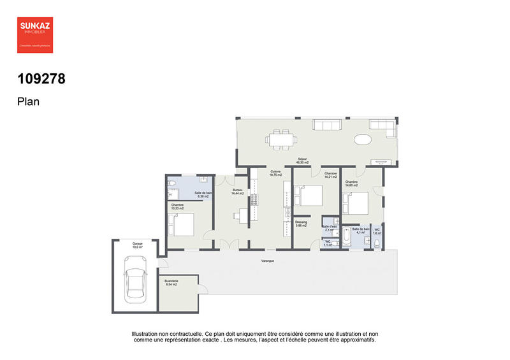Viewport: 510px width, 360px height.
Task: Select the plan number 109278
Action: (41, 80)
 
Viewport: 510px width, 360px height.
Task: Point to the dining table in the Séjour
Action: (280, 138)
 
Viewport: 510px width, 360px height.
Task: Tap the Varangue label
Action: (268, 261)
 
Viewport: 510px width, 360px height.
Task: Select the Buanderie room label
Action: (171, 282)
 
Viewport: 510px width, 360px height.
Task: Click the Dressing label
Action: (301, 224)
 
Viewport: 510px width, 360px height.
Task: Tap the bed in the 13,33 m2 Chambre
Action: (182, 224)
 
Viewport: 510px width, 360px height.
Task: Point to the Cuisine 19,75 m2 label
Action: (275, 173)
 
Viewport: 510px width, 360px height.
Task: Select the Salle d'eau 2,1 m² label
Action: (330, 228)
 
